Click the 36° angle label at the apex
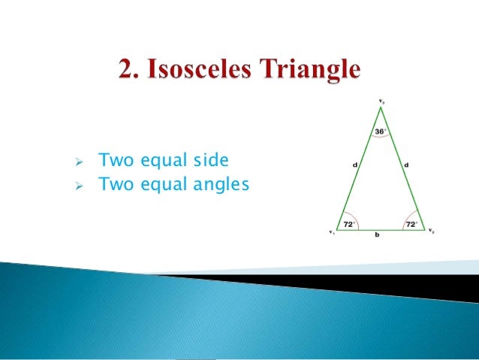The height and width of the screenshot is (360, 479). pos(380,132)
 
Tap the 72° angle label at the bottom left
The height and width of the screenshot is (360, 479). pos(348,225)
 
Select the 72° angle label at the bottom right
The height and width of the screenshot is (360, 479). pos(411,225)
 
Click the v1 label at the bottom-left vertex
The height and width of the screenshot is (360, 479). pos(330,231)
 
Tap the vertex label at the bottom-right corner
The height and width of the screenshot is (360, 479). pos(431,231)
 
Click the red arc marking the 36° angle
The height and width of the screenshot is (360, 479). pos(381,140)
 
